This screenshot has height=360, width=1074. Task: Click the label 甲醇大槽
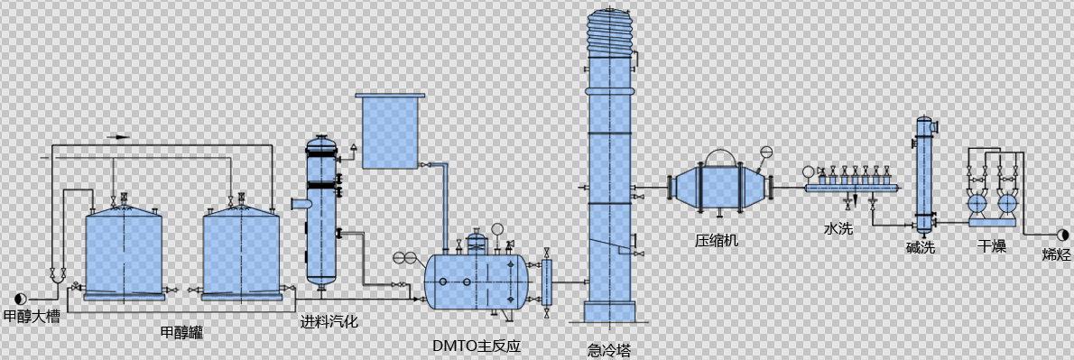32,317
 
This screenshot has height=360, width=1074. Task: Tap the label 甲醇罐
181,333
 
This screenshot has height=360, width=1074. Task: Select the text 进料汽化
329,320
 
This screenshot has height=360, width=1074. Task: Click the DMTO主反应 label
477,346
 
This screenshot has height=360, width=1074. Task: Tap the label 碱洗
921,246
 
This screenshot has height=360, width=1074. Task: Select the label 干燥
992,245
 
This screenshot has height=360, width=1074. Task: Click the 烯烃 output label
1055,254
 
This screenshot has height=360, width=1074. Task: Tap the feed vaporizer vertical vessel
321,212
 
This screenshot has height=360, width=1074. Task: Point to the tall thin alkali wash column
923,176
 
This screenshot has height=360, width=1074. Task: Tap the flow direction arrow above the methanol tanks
118,137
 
